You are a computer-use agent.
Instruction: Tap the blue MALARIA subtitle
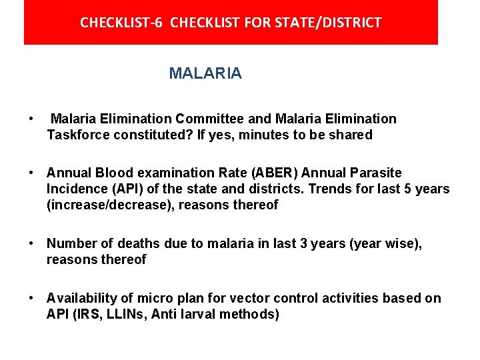[x=205, y=73]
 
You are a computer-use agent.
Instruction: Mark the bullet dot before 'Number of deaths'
[x=31, y=243]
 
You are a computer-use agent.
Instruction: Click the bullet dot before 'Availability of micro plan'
[x=31, y=298]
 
